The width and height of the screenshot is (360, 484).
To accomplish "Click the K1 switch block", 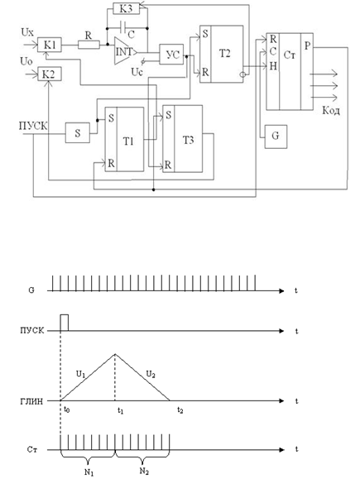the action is [x=50, y=45].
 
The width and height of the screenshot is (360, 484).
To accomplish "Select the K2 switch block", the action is [x=50, y=74].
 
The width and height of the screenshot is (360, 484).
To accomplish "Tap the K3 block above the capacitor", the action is [x=126, y=8].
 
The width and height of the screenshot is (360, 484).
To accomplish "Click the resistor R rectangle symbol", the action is [x=89, y=45].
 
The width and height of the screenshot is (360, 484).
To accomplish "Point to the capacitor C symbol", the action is [x=122, y=28].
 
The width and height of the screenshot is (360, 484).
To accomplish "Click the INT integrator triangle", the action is [x=125, y=51].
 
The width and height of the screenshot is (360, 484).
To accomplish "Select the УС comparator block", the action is [x=171, y=55].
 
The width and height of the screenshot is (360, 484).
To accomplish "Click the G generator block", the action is [x=276, y=137].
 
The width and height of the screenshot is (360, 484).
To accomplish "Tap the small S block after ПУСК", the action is [x=78, y=132].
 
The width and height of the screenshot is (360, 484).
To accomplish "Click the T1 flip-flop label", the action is [x=128, y=141].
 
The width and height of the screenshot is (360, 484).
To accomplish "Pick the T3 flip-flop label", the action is [x=189, y=140].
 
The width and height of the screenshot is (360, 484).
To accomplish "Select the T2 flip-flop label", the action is [x=224, y=54].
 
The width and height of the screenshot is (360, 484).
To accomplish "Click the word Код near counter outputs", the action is [x=331, y=110].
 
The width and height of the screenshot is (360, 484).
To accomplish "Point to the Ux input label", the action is [x=27, y=32].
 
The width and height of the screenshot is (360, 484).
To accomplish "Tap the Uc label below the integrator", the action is [x=137, y=72].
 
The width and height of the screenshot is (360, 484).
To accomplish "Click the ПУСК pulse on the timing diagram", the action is [x=65, y=323].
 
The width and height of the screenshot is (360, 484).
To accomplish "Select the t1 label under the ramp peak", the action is [x=120, y=411].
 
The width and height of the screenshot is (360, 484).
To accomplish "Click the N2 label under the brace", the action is [x=144, y=471].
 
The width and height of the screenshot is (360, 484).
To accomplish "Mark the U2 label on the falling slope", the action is [x=151, y=375].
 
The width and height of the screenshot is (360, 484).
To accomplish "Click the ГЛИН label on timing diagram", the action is [x=31, y=401].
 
